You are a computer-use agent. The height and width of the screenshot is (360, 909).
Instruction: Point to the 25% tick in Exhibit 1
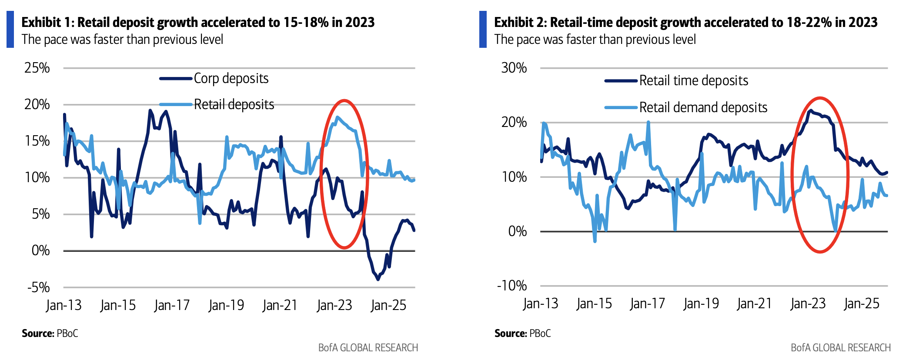coord(37,68)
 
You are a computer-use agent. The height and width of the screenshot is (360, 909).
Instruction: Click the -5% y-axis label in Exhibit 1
coord(38,287)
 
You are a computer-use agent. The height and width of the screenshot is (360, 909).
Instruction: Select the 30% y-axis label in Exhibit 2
coord(514,68)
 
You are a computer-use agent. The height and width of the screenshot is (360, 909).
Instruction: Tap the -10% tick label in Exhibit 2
coord(512,286)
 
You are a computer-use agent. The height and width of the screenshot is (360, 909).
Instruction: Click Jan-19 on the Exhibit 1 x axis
coord(226,305)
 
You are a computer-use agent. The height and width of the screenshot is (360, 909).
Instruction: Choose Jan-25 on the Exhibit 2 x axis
coord(861,303)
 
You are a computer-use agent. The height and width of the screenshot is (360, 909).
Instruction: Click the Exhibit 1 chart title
coord(198,22)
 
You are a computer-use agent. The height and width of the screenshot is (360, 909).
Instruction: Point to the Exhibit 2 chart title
coord(685,22)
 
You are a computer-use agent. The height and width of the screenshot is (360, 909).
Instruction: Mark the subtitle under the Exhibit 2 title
coord(595,40)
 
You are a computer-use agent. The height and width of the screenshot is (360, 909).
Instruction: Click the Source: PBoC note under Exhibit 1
coord(50,333)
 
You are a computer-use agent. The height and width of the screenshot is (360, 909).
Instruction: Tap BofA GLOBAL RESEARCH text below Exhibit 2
coord(840,348)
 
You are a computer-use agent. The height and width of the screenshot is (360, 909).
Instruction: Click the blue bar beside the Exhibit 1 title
coord(10,30)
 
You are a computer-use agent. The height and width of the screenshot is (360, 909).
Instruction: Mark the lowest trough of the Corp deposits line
coord(378,279)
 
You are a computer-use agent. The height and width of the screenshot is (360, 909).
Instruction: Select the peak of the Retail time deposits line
coord(810,111)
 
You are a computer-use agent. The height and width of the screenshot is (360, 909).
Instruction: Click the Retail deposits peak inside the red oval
coord(337,117)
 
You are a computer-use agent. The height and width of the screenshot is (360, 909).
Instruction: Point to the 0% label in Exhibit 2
coord(517,231)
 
